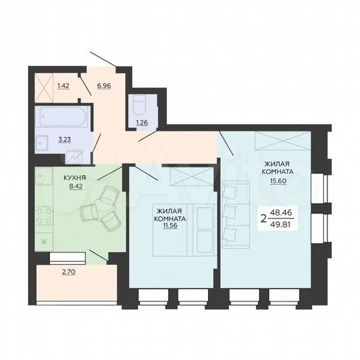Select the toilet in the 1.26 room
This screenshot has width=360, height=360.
coord(140,107)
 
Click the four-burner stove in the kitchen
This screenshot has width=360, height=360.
coord(45,216)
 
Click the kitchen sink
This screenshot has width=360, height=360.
coord(45,178)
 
